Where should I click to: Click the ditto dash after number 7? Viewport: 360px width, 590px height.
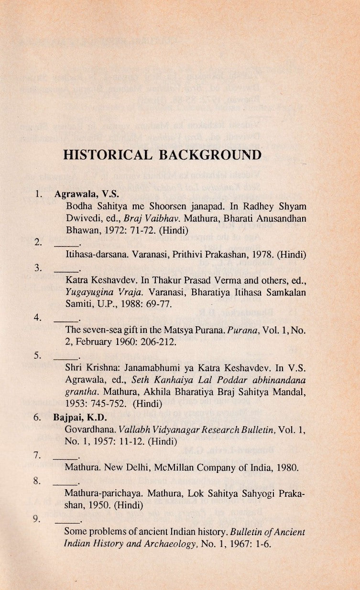click(x=63, y=453)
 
